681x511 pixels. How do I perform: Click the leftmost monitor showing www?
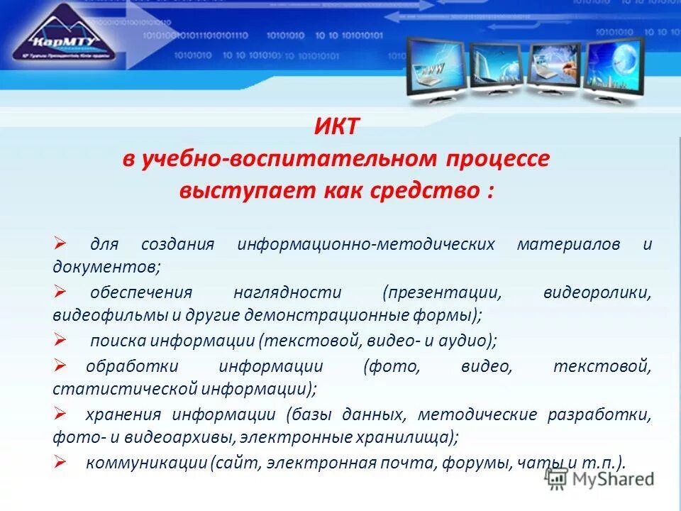pyautogui.click(x=434, y=67)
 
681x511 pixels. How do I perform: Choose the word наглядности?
pyautogui.click(x=287, y=292)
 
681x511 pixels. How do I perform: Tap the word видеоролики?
pyautogui.click(x=597, y=292)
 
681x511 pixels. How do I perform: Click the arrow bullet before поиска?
pyautogui.click(x=60, y=339)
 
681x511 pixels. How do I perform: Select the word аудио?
pyautogui.click(x=469, y=341)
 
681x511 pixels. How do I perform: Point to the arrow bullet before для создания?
pyautogui.click(x=60, y=243)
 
